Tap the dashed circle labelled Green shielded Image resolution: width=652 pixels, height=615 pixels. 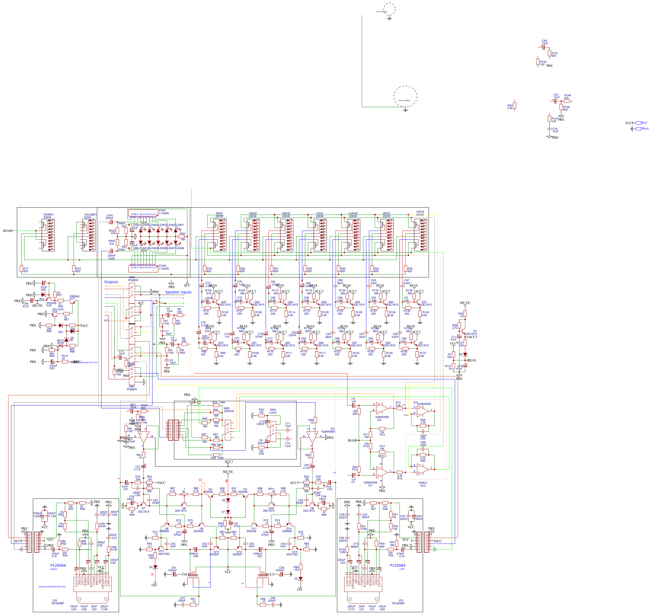tap(405, 96)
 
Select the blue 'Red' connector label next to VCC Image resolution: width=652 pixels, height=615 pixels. tap(644, 123)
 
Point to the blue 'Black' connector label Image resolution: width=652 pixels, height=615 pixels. tap(645, 129)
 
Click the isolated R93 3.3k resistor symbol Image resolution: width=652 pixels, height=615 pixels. tap(515, 105)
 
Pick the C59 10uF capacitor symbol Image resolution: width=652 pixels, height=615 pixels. tap(543, 47)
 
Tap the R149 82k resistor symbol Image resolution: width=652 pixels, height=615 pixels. tap(567, 101)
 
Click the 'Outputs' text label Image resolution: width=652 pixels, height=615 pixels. tap(111, 282)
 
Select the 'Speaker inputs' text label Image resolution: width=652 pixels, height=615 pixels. tap(178, 292)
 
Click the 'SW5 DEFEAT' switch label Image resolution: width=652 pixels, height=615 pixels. tap(229, 410)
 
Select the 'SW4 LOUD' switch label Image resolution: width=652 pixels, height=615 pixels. tap(273, 411)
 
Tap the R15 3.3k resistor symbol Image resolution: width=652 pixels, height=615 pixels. tap(399, 408)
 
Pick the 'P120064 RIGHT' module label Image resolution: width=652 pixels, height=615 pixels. tap(58, 566)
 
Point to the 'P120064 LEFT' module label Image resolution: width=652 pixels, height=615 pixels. tap(397, 566)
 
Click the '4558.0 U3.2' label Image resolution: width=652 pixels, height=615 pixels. tap(423, 484)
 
